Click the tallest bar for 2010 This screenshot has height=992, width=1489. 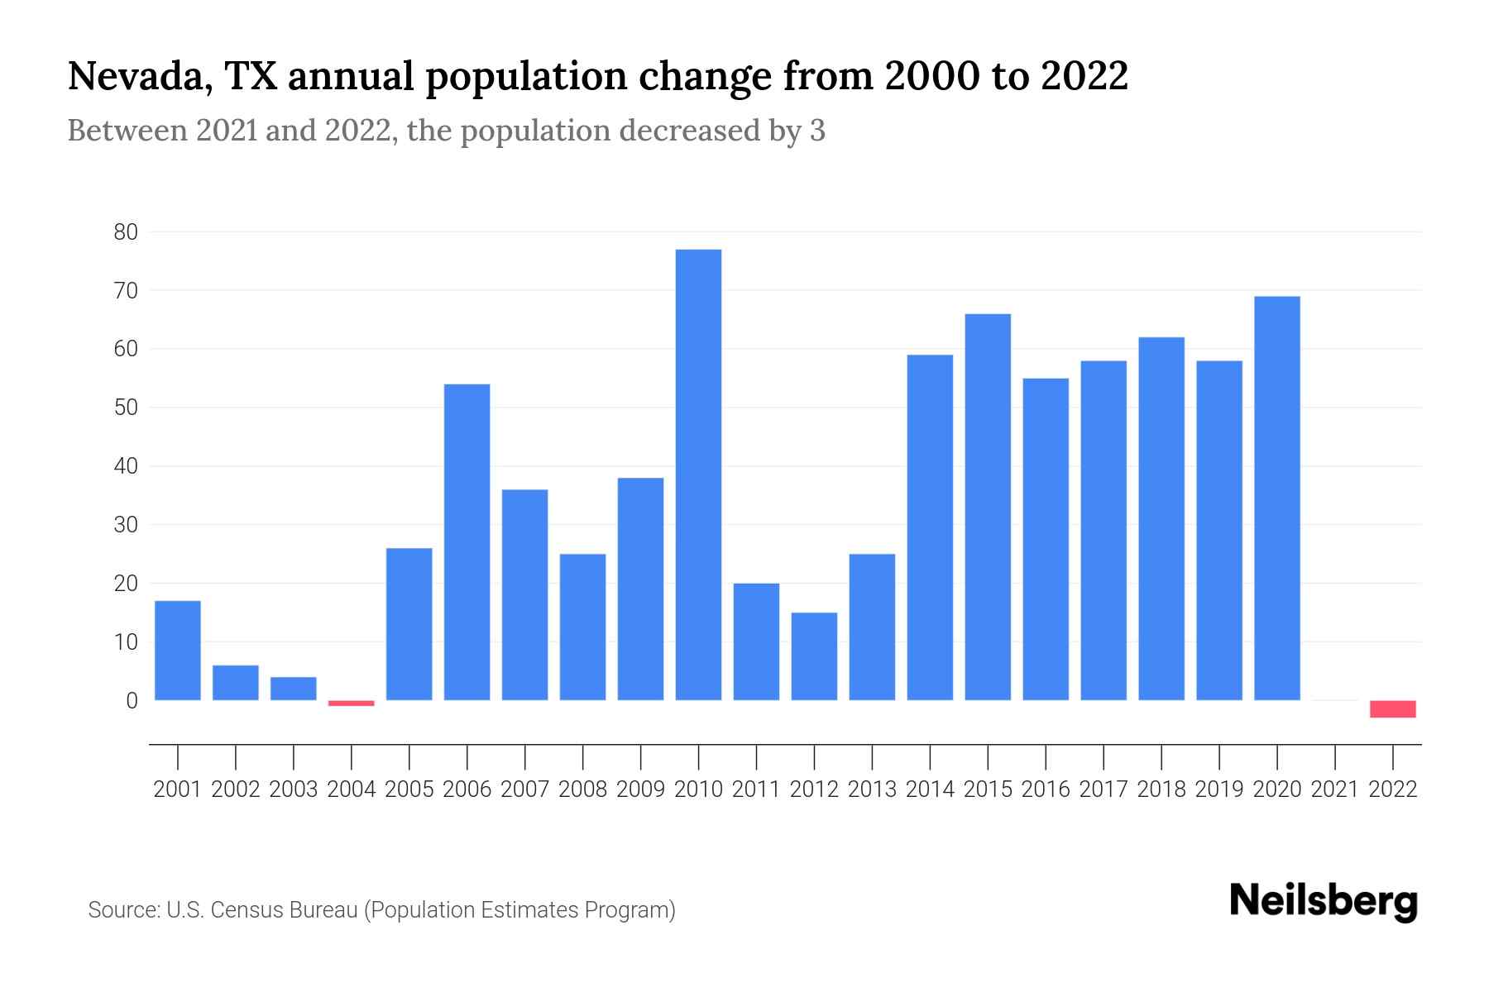point(698,475)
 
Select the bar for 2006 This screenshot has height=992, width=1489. point(467,542)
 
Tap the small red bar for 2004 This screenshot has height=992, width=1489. point(351,703)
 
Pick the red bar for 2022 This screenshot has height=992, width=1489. point(1393,709)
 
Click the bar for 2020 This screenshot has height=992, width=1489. point(1277,498)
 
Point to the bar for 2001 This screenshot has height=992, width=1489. point(178,651)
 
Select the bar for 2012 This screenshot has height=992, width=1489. point(814,656)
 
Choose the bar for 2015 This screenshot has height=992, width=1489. point(988,507)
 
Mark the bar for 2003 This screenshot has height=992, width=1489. point(293,689)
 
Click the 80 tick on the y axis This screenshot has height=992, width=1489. point(126,232)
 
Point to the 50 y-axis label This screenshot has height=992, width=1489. point(126,408)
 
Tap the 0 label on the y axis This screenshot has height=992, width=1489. point(132,701)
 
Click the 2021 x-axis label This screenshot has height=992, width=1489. point(1334,789)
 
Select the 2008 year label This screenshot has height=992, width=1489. point(582,789)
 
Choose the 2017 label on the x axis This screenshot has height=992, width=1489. point(1103,789)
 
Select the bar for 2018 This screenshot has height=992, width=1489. point(1161,518)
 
